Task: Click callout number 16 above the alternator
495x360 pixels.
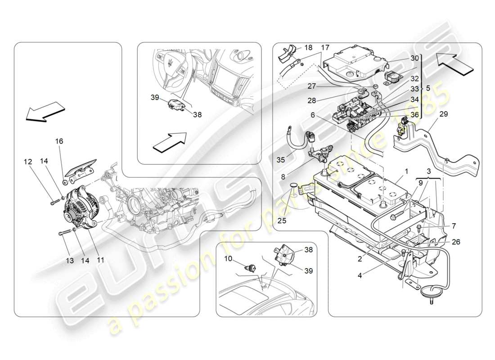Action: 59,141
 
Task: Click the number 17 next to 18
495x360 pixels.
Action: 325,47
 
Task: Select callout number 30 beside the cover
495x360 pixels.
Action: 414,58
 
